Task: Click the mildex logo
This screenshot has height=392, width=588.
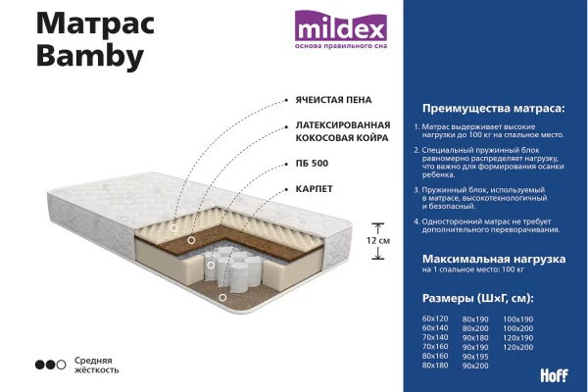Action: (340, 29)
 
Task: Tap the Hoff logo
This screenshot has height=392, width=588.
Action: (554, 375)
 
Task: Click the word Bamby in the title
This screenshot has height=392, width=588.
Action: (90, 56)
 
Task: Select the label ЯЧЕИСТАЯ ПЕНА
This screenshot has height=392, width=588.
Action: (333, 100)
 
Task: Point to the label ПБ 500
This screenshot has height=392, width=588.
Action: (312, 164)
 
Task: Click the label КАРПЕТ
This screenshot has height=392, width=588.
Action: (314, 189)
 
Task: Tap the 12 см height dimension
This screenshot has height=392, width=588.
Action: (378, 240)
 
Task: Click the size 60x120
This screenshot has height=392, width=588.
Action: (435, 318)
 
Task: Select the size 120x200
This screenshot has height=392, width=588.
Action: (517, 347)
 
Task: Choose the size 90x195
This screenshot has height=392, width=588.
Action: (475, 357)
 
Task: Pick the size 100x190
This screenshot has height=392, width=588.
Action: (517, 319)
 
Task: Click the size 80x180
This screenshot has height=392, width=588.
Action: (435, 365)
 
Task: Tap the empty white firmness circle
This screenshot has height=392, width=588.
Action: (61, 365)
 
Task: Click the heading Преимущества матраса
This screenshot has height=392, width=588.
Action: (493, 109)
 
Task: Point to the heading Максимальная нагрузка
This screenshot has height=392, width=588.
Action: (494, 259)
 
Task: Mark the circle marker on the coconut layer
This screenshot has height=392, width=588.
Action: (191, 240)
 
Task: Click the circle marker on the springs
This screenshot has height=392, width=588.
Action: (211, 266)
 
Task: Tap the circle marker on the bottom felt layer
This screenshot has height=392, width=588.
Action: (222, 298)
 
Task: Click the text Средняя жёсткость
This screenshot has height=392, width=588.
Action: (96, 365)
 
